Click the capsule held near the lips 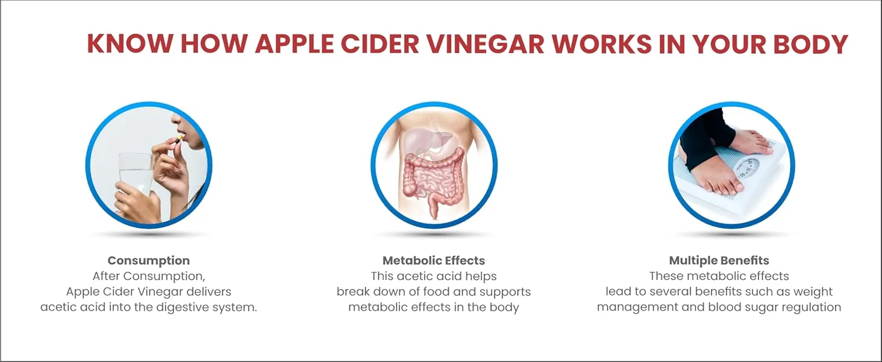point(179,139)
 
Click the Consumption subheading point(148,261)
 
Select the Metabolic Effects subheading point(434,261)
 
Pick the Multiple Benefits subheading point(719,261)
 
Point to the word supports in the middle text point(502,292)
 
